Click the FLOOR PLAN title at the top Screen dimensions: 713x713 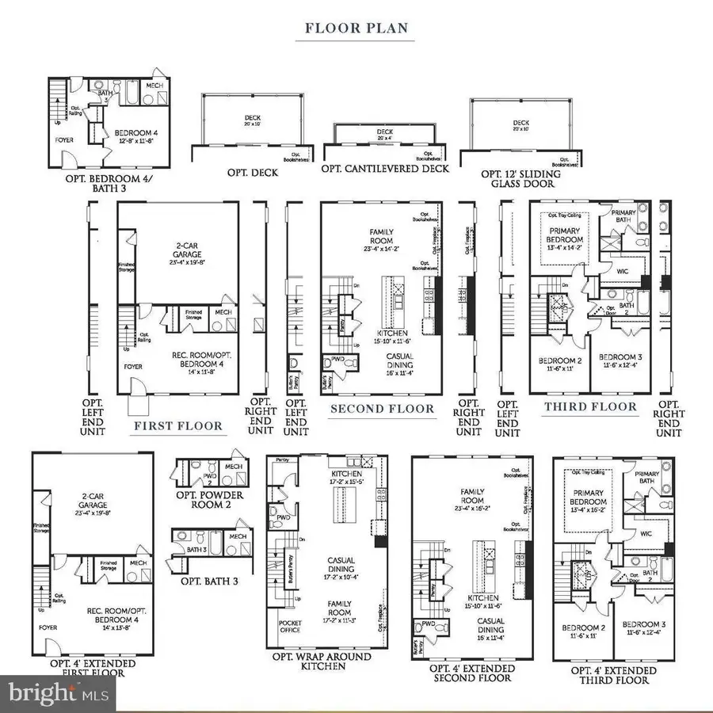(x=356, y=29)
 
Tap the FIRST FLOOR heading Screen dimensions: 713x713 (x=177, y=426)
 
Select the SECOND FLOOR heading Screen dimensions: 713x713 (x=382, y=409)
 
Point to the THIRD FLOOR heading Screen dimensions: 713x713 (x=590, y=407)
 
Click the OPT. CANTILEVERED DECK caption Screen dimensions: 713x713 (x=385, y=169)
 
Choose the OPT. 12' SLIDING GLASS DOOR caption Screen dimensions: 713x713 (x=520, y=179)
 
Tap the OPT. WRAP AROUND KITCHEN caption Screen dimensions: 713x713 (x=327, y=661)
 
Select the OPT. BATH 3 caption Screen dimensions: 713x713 (x=209, y=581)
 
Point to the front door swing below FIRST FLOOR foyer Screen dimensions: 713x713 (x=139, y=404)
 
